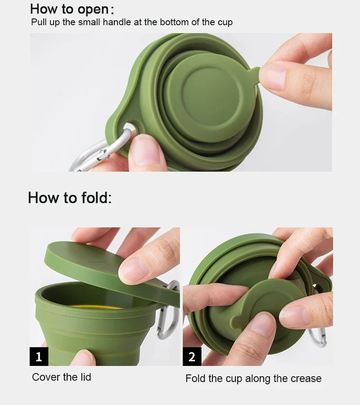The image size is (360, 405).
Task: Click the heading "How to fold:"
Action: pyautogui.click(x=70, y=198)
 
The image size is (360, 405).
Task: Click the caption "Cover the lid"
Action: pyautogui.click(x=62, y=377)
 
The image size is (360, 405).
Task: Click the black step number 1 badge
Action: pyautogui.click(x=39, y=356)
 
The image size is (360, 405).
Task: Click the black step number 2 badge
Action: pyautogui.click(x=192, y=356)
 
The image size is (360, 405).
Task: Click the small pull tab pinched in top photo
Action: pyautogui.click(x=254, y=74)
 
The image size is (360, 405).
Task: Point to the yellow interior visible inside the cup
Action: pyautogui.click(x=97, y=307)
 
